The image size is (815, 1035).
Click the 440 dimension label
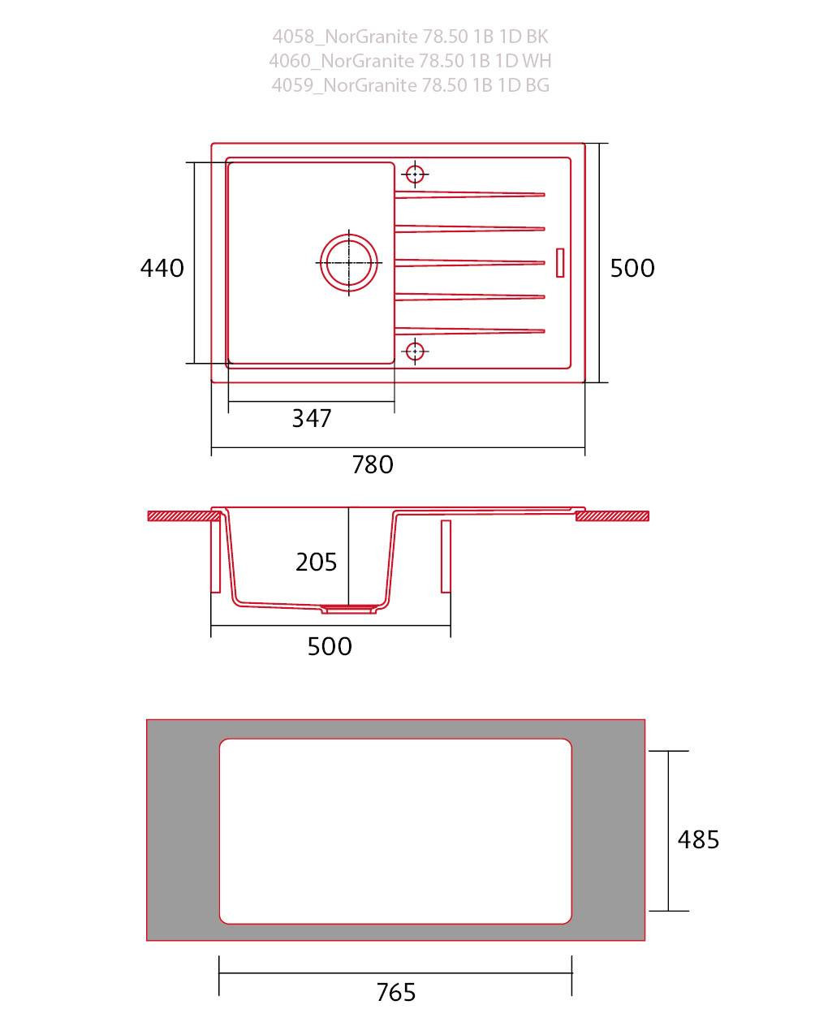point(162,268)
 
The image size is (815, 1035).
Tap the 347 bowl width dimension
point(311,418)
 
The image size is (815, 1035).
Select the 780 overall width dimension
point(373,464)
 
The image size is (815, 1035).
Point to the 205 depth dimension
point(316,562)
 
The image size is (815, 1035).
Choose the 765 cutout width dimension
point(395,992)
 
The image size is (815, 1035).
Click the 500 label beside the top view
point(632,268)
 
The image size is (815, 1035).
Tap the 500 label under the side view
point(330,646)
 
